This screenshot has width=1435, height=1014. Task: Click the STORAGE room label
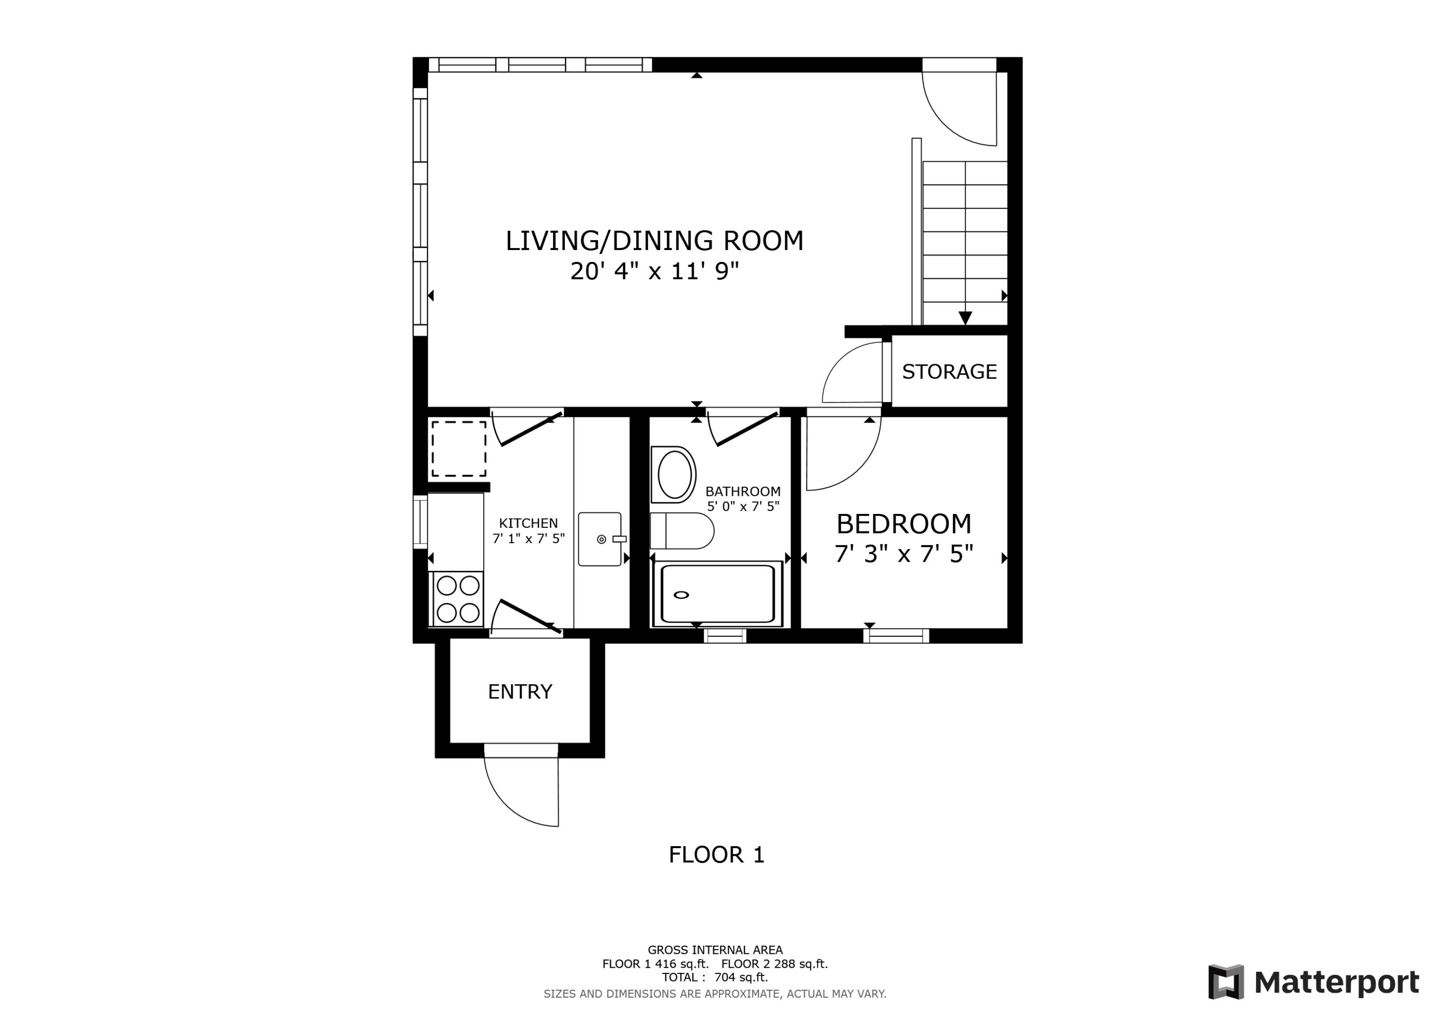click(949, 372)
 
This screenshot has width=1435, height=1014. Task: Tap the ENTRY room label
click(520, 692)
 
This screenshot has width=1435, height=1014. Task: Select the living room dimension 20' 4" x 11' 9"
click(654, 271)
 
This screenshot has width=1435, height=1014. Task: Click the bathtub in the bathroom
click(717, 593)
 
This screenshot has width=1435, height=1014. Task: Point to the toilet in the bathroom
click(681, 531)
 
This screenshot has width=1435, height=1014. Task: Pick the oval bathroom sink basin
click(674, 474)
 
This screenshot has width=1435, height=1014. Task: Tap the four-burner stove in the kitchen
click(457, 599)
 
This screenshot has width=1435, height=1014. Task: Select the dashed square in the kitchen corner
click(458, 448)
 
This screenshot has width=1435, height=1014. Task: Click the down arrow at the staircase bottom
click(965, 318)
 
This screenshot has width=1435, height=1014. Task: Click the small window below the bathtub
click(725, 636)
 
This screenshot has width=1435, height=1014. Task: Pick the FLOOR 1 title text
click(716, 855)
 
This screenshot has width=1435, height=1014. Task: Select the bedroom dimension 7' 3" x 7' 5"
click(904, 554)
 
